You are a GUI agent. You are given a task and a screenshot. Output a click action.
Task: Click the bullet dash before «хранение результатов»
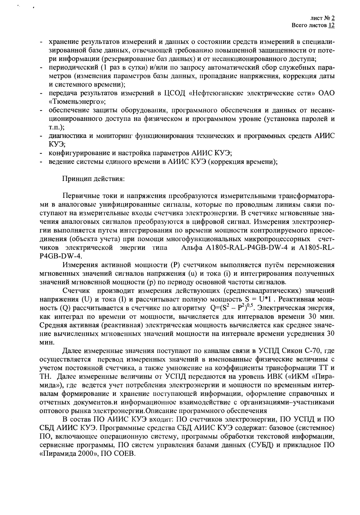(x=42, y=43)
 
